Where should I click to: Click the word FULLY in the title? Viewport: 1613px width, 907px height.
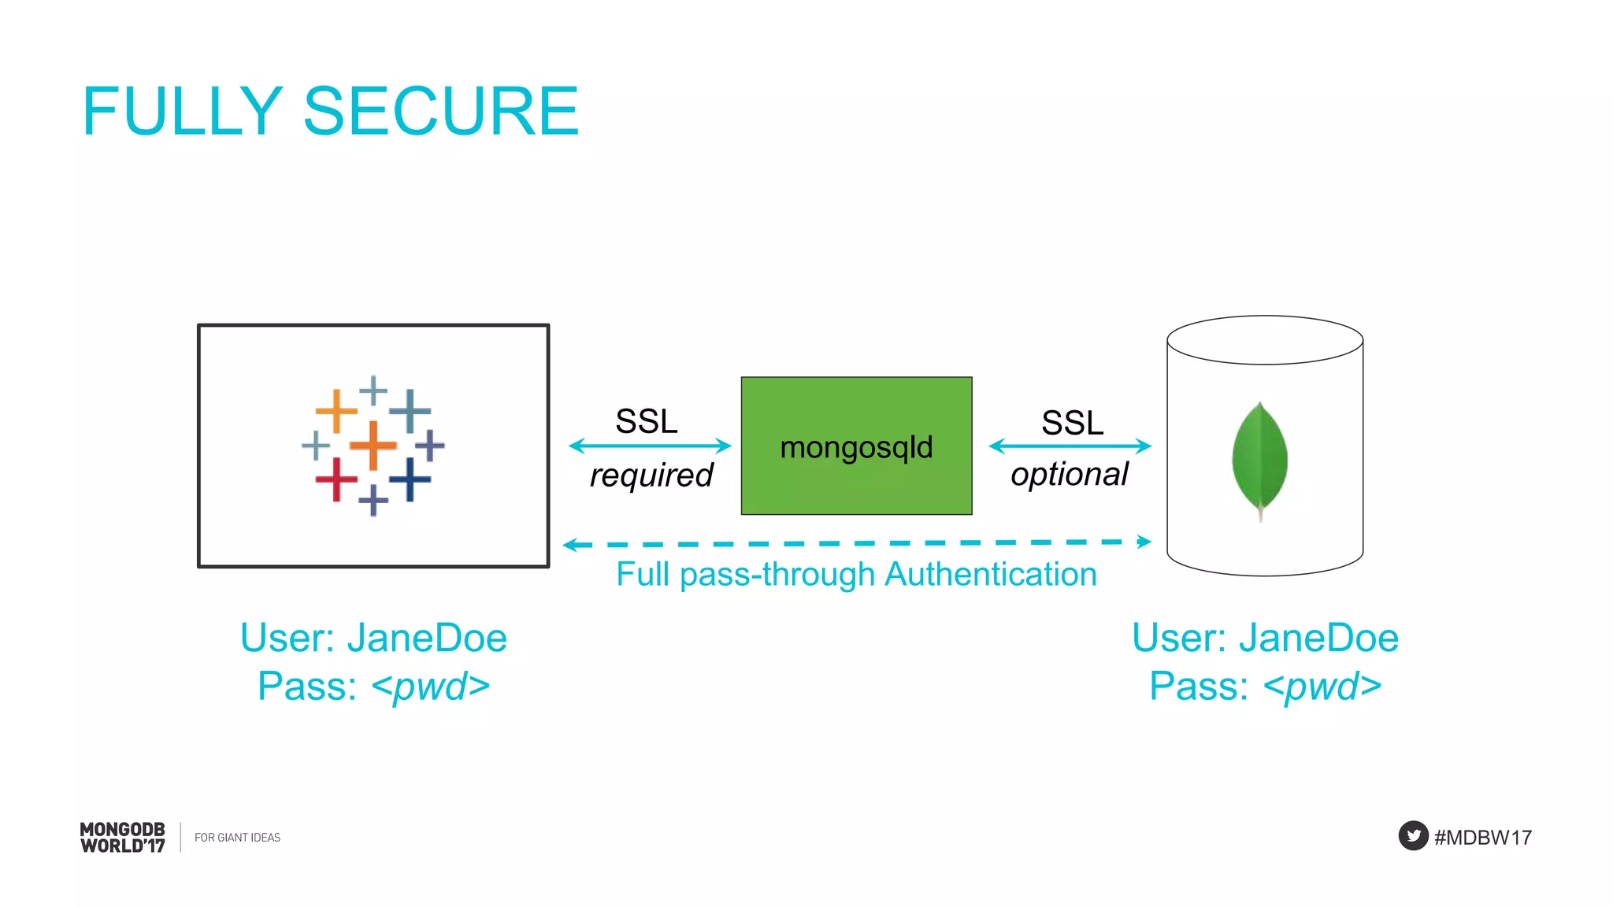pos(182,111)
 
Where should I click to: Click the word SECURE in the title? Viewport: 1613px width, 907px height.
pos(441,111)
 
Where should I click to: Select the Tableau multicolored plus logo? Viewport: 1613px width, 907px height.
pos(373,446)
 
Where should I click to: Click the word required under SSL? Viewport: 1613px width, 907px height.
pos(651,476)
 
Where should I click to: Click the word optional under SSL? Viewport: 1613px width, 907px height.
pos(1070,474)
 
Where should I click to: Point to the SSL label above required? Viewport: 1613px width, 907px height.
pos(646,421)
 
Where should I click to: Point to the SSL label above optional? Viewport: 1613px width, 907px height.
pos(1072,423)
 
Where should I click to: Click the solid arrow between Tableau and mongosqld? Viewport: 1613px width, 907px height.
pos(650,446)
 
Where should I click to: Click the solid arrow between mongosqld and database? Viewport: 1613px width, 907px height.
pos(1070,446)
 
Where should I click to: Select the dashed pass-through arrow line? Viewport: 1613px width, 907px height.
pos(856,543)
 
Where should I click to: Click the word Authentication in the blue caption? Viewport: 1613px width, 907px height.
pos(990,575)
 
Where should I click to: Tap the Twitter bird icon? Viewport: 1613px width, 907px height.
pos(1413,835)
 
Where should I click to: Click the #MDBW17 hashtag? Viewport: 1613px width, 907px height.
pos(1482,837)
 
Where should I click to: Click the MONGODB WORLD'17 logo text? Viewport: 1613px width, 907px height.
pos(123,837)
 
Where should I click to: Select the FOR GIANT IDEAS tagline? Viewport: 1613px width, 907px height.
pos(237,838)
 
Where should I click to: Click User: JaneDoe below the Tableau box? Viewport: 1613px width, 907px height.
pos(373,638)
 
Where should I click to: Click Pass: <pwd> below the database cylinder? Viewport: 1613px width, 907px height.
pos(1265,686)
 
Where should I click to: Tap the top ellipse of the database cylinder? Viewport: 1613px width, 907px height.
pos(1265,340)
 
